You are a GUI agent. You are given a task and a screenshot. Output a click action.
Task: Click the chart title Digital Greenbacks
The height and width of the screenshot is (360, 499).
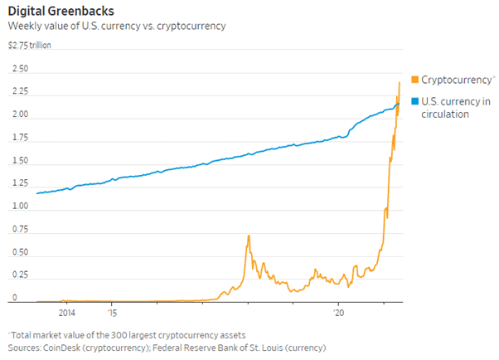[x=61, y=11]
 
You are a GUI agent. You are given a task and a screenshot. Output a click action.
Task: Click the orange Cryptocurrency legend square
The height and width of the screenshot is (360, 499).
[x=415, y=80]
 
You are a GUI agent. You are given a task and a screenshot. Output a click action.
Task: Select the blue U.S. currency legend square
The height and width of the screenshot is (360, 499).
[x=415, y=100]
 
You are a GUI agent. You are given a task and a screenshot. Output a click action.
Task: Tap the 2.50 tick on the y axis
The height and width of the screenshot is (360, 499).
[x=19, y=69]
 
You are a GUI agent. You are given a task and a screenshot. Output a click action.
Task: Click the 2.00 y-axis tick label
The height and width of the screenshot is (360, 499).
[x=19, y=114]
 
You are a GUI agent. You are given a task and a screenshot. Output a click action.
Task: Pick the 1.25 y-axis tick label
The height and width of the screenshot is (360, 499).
[x=19, y=183]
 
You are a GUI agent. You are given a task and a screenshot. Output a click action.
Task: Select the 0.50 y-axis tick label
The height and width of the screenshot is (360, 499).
[x=19, y=252]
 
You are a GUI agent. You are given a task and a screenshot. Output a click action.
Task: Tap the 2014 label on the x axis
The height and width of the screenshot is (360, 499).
[x=67, y=313]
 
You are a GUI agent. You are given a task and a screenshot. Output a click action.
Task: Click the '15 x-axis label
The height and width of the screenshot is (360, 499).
[x=112, y=313]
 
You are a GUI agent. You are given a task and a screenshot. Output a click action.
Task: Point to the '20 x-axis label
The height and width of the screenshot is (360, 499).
[x=338, y=313]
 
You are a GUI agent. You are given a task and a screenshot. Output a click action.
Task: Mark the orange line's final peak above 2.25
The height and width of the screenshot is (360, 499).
[x=400, y=81]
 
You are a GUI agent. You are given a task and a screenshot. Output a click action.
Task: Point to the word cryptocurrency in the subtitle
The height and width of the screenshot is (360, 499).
[x=194, y=27]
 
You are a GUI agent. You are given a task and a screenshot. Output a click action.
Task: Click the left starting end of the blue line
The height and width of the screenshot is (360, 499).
[x=36, y=193]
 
